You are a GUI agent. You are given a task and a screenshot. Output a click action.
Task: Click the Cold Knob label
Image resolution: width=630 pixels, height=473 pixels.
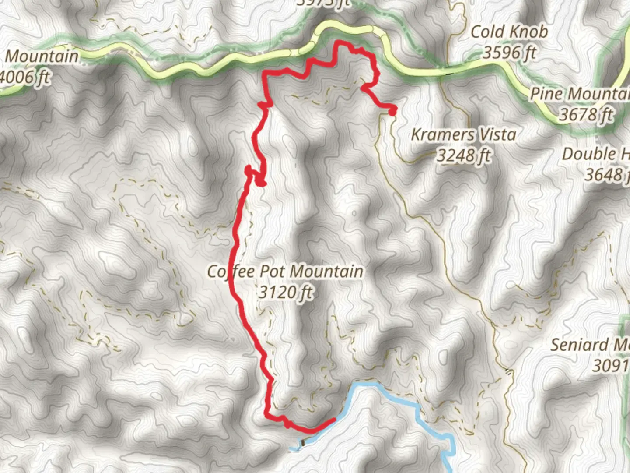coord(509,32)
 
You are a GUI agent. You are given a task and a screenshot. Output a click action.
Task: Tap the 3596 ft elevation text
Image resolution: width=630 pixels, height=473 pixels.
coord(509,53)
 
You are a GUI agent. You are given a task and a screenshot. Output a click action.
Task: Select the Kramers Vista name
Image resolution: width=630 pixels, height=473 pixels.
coord(463,134)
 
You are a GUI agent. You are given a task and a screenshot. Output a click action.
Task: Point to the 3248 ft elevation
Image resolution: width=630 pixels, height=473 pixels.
coord(463,155)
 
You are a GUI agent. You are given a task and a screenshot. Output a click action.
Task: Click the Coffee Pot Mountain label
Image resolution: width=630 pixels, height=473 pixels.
coord(285,272)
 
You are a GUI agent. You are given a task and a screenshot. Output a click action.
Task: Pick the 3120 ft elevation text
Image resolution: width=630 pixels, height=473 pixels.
coord(285,292)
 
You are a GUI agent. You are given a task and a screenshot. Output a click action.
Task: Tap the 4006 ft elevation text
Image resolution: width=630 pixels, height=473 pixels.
coord(24,78)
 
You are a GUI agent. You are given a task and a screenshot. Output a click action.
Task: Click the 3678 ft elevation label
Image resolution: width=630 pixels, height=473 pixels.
coord(586,115)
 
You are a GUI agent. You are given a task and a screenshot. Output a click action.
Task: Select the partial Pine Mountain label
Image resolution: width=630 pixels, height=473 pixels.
coord(580,94)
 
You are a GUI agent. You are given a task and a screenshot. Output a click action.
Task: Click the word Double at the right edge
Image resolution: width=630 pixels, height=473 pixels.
coord(588,154)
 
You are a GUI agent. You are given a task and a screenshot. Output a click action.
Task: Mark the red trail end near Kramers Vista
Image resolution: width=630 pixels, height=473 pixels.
coord(392,111)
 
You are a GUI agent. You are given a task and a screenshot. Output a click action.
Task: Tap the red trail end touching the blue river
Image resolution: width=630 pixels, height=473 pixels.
coord(334,420)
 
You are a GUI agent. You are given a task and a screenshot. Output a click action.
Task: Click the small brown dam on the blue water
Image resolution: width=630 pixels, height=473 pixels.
coord(303,443)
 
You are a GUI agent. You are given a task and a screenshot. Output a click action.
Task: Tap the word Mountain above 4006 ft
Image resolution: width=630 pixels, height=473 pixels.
coord(42,56)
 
